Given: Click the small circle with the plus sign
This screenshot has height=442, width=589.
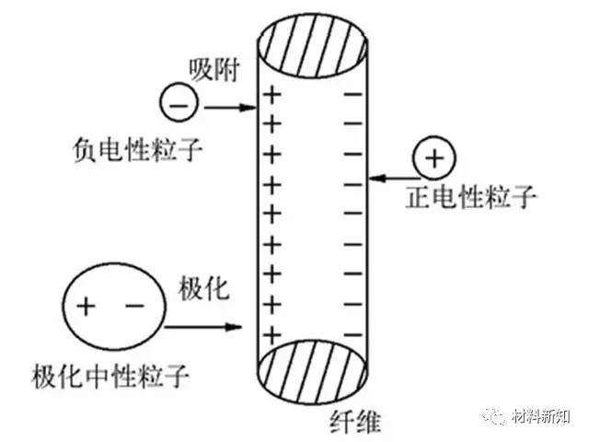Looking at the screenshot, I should (432, 158).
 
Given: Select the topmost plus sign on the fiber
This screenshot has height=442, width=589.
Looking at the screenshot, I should (271, 94).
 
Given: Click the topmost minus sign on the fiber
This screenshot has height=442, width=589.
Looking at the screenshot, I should (351, 94).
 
